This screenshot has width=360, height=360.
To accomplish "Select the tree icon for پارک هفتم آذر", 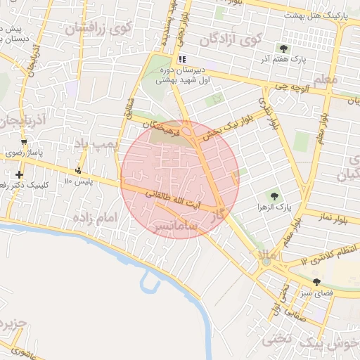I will click(283, 49).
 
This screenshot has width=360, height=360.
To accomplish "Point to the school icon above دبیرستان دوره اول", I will click(183, 59).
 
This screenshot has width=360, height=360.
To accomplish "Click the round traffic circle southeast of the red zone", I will click(266, 262).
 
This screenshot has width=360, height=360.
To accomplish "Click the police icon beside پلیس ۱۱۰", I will click(78, 170).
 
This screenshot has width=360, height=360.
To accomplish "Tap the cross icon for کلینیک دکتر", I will click(19, 174).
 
